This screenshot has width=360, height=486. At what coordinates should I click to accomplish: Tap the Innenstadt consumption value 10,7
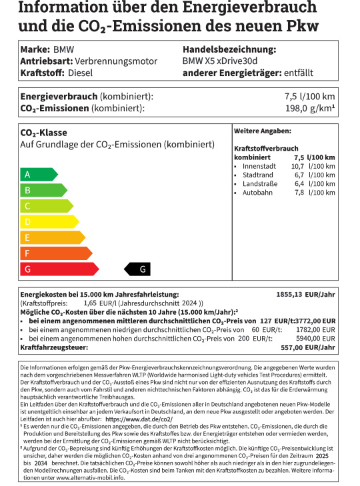[x=297, y=166]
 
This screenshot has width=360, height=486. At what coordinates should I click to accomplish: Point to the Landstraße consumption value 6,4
[x=299, y=183]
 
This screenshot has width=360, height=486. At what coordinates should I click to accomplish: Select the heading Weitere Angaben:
[x=263, y=131]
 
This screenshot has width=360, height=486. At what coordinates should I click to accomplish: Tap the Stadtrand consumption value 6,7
[x=299, y=175]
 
